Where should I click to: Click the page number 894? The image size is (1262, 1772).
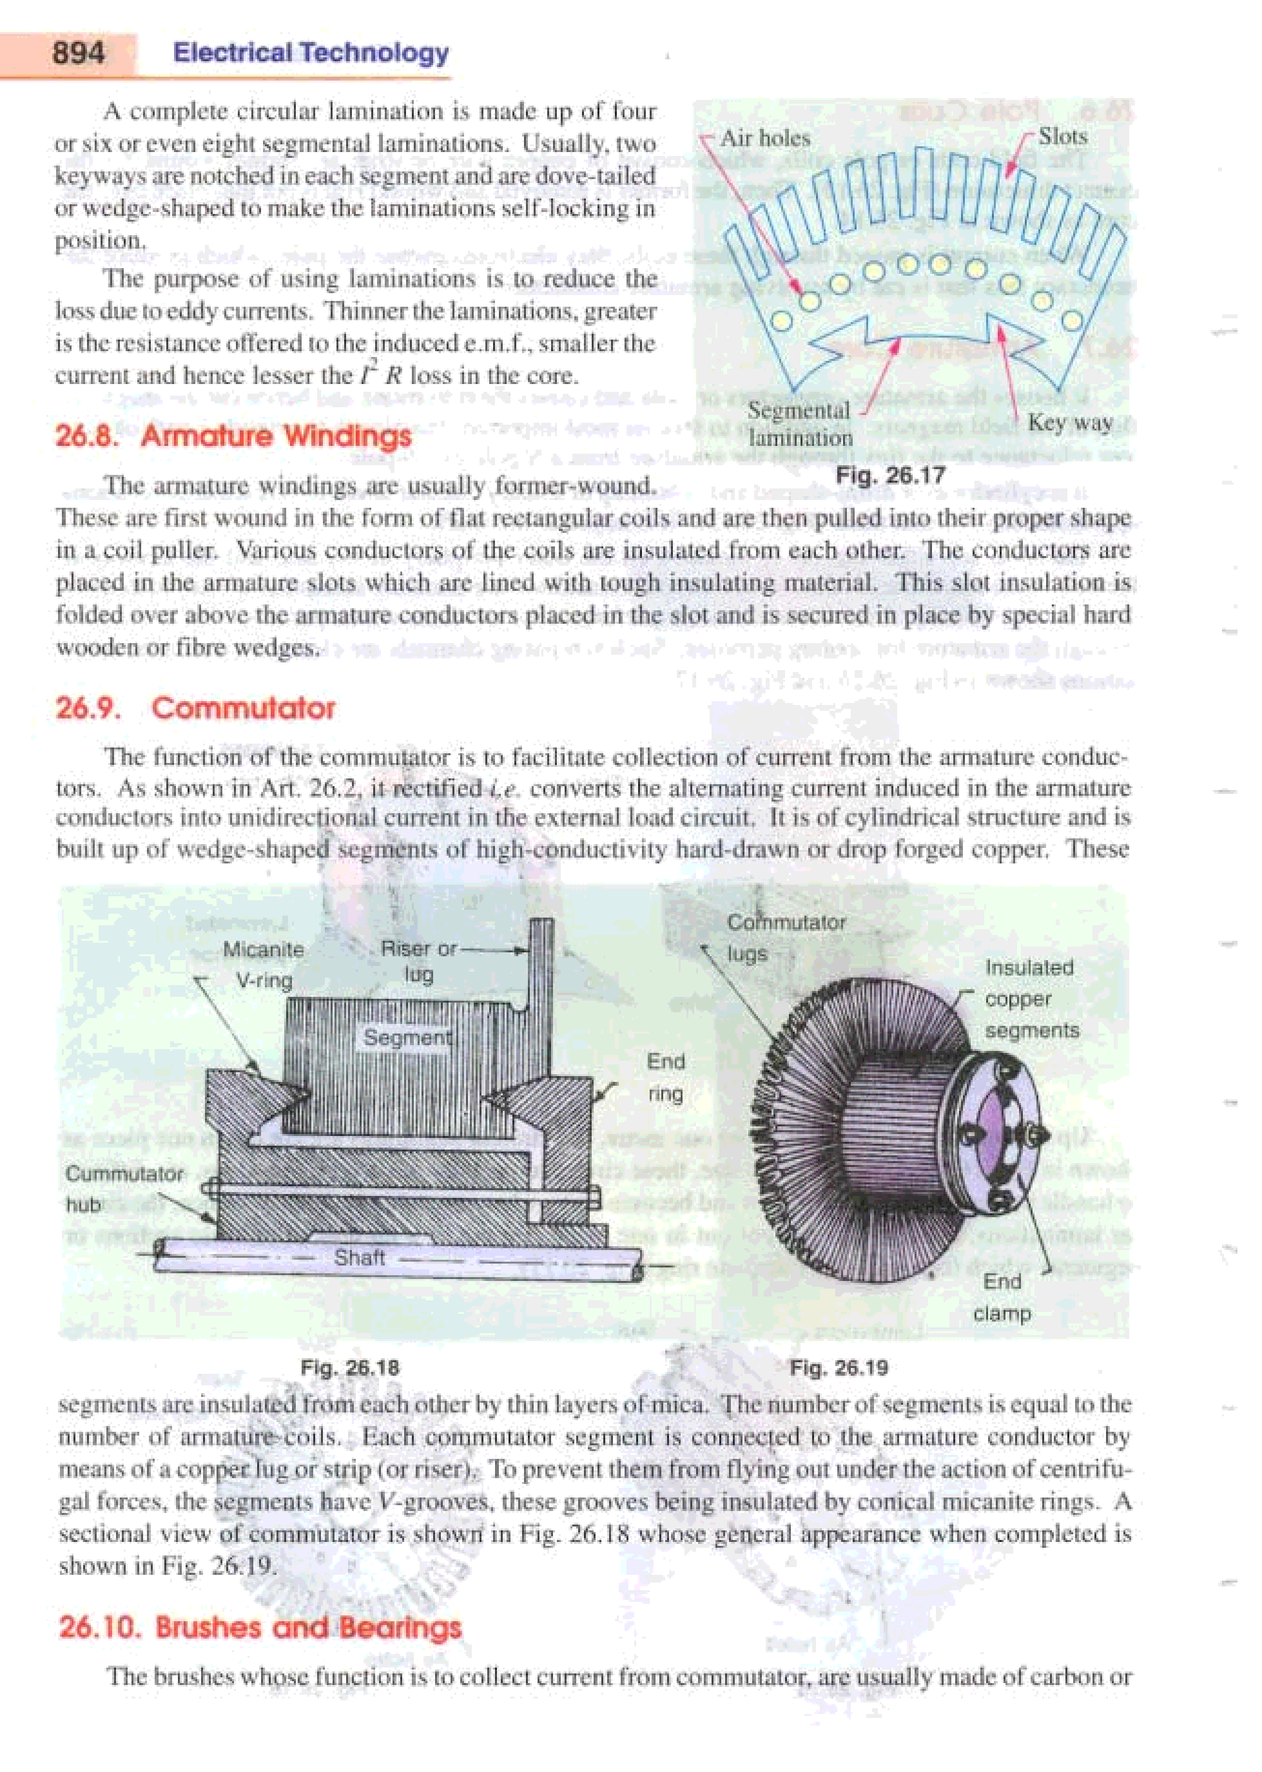click(78, 53)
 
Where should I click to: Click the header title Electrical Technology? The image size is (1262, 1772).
click(311, 53)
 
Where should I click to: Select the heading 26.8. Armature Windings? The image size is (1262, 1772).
click(233, 436)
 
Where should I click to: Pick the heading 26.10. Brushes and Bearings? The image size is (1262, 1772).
click(260, 1627)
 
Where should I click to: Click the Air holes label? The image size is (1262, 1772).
click(764, 139)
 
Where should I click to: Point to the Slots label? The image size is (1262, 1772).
click(1062, 137)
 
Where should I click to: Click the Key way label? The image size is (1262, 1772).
click(1070, 423)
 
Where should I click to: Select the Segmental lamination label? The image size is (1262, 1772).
click(800, 423)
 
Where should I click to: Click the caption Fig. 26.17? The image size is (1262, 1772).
click(889, 475)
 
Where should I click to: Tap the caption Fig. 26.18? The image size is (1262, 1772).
click(350, 1368)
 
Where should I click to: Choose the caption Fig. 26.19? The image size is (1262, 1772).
click(839, 1368)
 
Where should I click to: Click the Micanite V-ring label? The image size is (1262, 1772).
click(264, 965)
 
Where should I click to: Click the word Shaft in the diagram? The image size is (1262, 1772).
click(359, 1257)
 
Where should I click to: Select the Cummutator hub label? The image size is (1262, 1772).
click(124, 1189)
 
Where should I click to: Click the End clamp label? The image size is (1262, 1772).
click(1002, 1297)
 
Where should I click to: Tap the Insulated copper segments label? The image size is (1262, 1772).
click(1031, 999)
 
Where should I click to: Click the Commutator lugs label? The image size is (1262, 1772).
click(785, 938)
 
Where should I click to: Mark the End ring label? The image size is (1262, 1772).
click(665, 1077)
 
